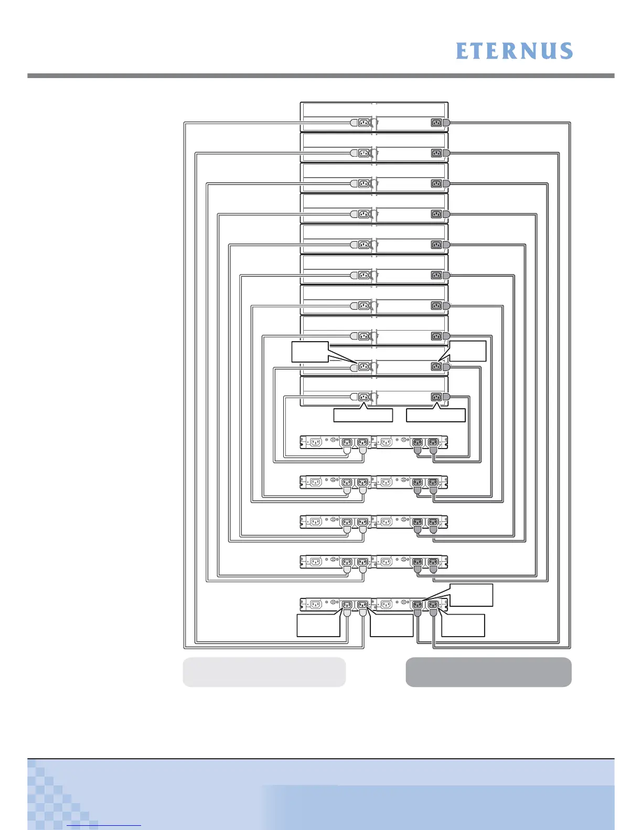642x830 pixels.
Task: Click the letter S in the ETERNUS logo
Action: (x=565, y=51)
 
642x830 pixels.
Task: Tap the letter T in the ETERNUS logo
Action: (x=479, y=51)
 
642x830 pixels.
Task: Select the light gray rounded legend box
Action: (x=264, y=672)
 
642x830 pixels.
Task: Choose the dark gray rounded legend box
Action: (x=488, y=672)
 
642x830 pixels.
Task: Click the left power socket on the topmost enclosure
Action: (x=363, y=123)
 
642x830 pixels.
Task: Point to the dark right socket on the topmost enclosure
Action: (x=436, y=123)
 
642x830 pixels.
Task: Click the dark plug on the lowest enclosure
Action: (x=446, y=397)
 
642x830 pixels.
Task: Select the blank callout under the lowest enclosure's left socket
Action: (x=363, y=416)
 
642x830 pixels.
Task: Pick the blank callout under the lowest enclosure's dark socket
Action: (x=436, y=416)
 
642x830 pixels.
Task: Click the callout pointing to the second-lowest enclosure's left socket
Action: (x=309, y=352)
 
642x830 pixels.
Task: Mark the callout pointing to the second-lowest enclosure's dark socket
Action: (x=468, y=351)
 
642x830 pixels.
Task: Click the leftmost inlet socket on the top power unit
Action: (x=315, y=442)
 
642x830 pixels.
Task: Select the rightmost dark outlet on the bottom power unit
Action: (x=433, y=605)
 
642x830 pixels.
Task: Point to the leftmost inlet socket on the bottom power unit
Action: (x=315, y=605)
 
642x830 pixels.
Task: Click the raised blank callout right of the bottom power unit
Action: (x=472, y=595)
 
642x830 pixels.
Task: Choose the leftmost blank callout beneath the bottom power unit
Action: (x=318, y=626)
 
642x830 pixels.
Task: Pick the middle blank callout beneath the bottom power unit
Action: (x=391, y=626)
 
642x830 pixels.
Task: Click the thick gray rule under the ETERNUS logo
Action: (x=320, y=76)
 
